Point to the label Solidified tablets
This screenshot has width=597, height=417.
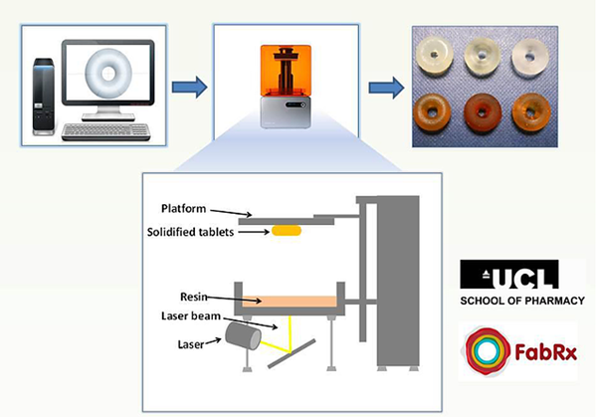(201, 232)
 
